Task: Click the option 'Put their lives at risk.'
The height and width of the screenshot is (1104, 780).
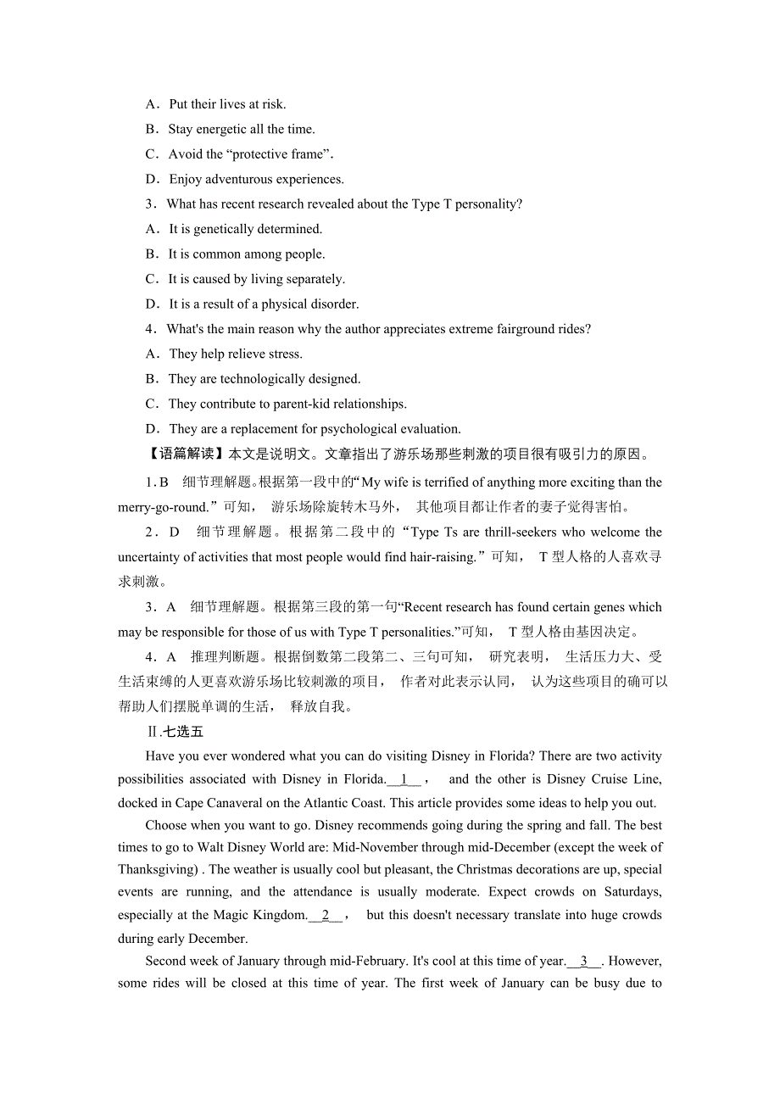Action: click(x=227, y=104)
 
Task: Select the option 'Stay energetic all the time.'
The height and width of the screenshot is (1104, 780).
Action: click(x=241, y=130)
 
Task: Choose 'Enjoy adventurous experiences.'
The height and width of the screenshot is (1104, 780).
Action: click(x=256, y=180)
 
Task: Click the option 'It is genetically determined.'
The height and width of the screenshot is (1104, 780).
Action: click(x=245, y=229)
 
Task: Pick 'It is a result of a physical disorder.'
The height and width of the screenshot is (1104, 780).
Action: click(x=264, y=304)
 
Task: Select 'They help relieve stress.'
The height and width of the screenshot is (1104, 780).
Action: click(x=235, y=354)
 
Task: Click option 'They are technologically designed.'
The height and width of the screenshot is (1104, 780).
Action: click(x=264, y=379)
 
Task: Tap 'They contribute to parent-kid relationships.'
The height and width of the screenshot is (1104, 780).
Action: click(x=287, y=404)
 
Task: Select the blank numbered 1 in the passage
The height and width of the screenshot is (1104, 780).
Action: click(x=404, y=780)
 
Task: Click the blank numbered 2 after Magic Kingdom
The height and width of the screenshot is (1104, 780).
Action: click(x=326, y=916)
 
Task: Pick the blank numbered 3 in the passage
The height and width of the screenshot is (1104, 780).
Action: click(x=584, y=962)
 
